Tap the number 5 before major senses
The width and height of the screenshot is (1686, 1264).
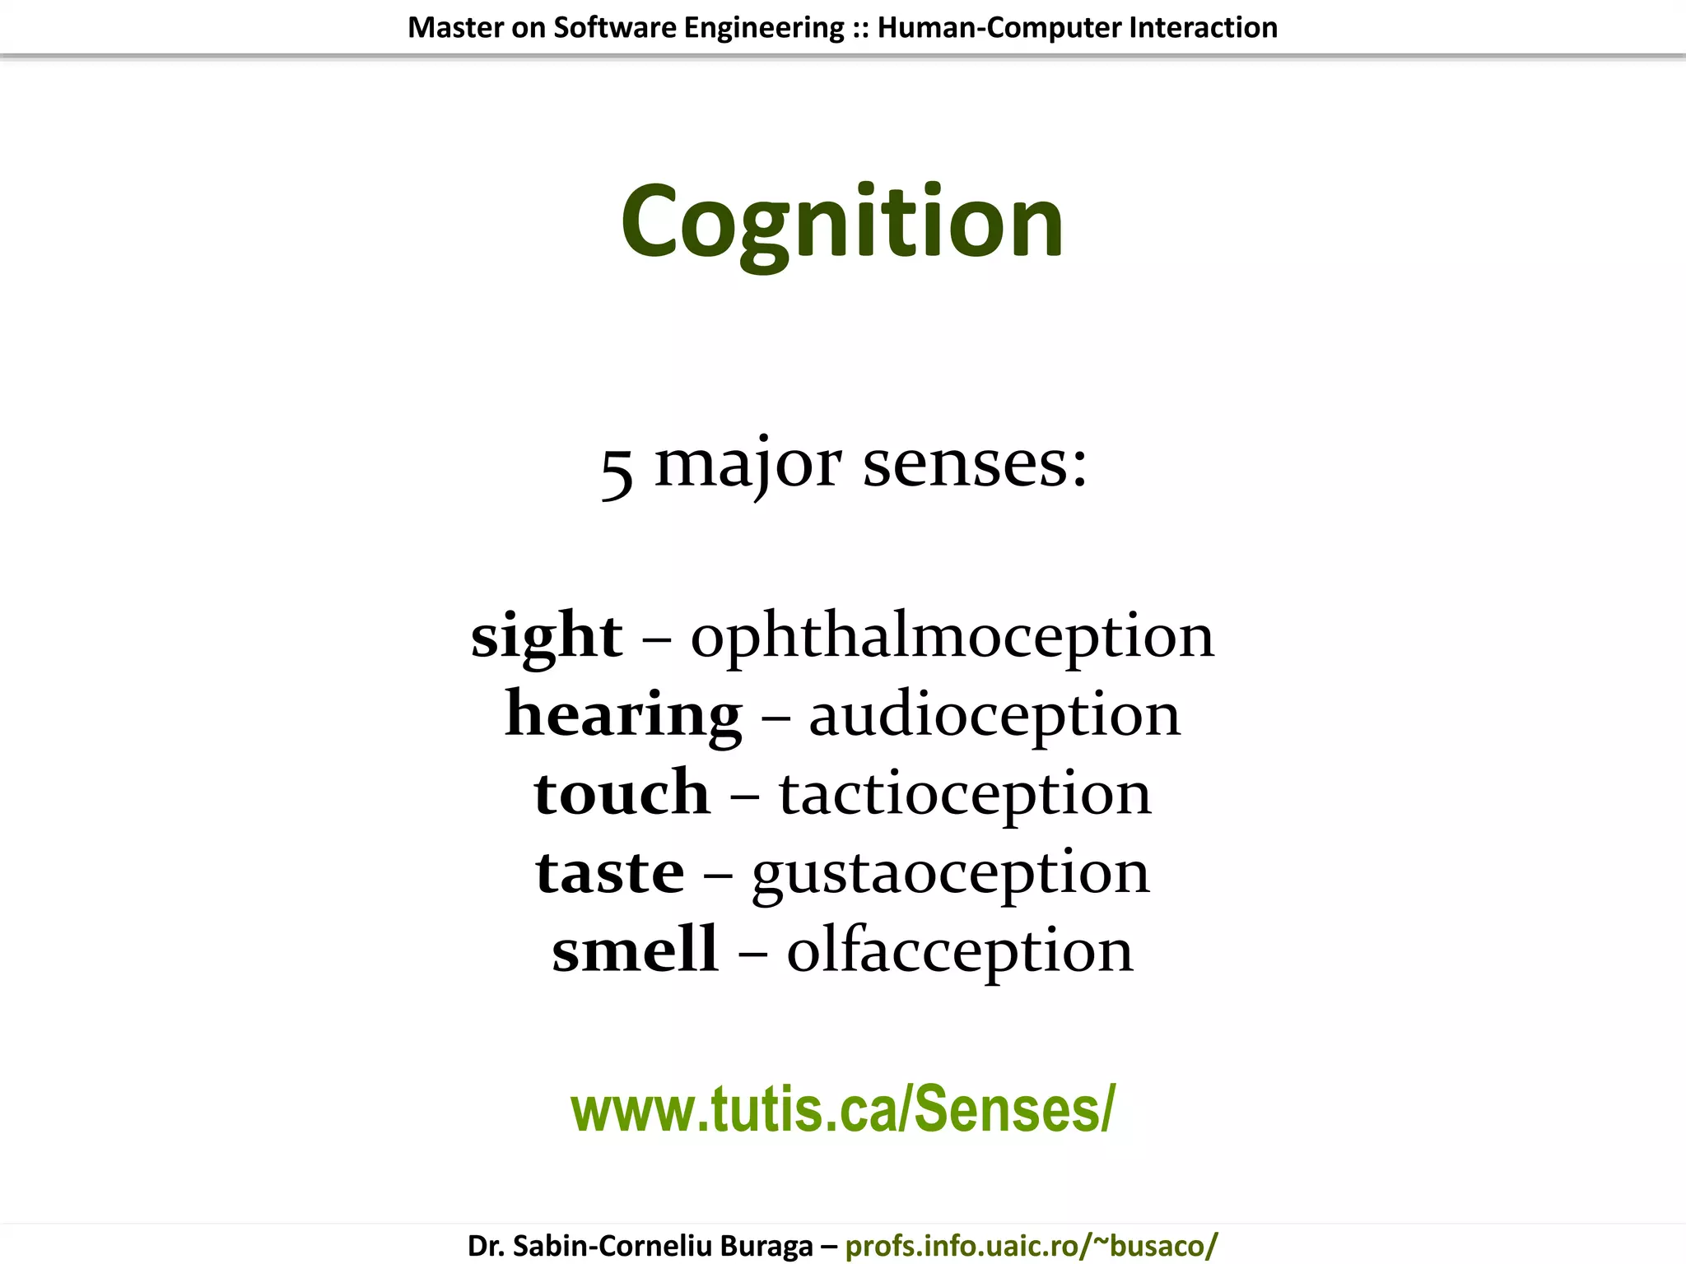(x=617, y=472)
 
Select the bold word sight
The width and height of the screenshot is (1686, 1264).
(x=547, y=636)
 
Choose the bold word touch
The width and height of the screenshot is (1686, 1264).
(x=622, y=793)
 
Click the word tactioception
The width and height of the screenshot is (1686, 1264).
(x=965, y=793)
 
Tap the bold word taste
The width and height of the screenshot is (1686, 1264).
(x=609, y=872)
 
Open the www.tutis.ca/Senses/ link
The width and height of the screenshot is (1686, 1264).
(x=842, y=1109)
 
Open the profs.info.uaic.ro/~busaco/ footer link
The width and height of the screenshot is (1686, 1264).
(x=1031, y=1245)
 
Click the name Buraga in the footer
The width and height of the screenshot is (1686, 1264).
(x=766, y=1245)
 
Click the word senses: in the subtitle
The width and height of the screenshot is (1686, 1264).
(x=975, y=464)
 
